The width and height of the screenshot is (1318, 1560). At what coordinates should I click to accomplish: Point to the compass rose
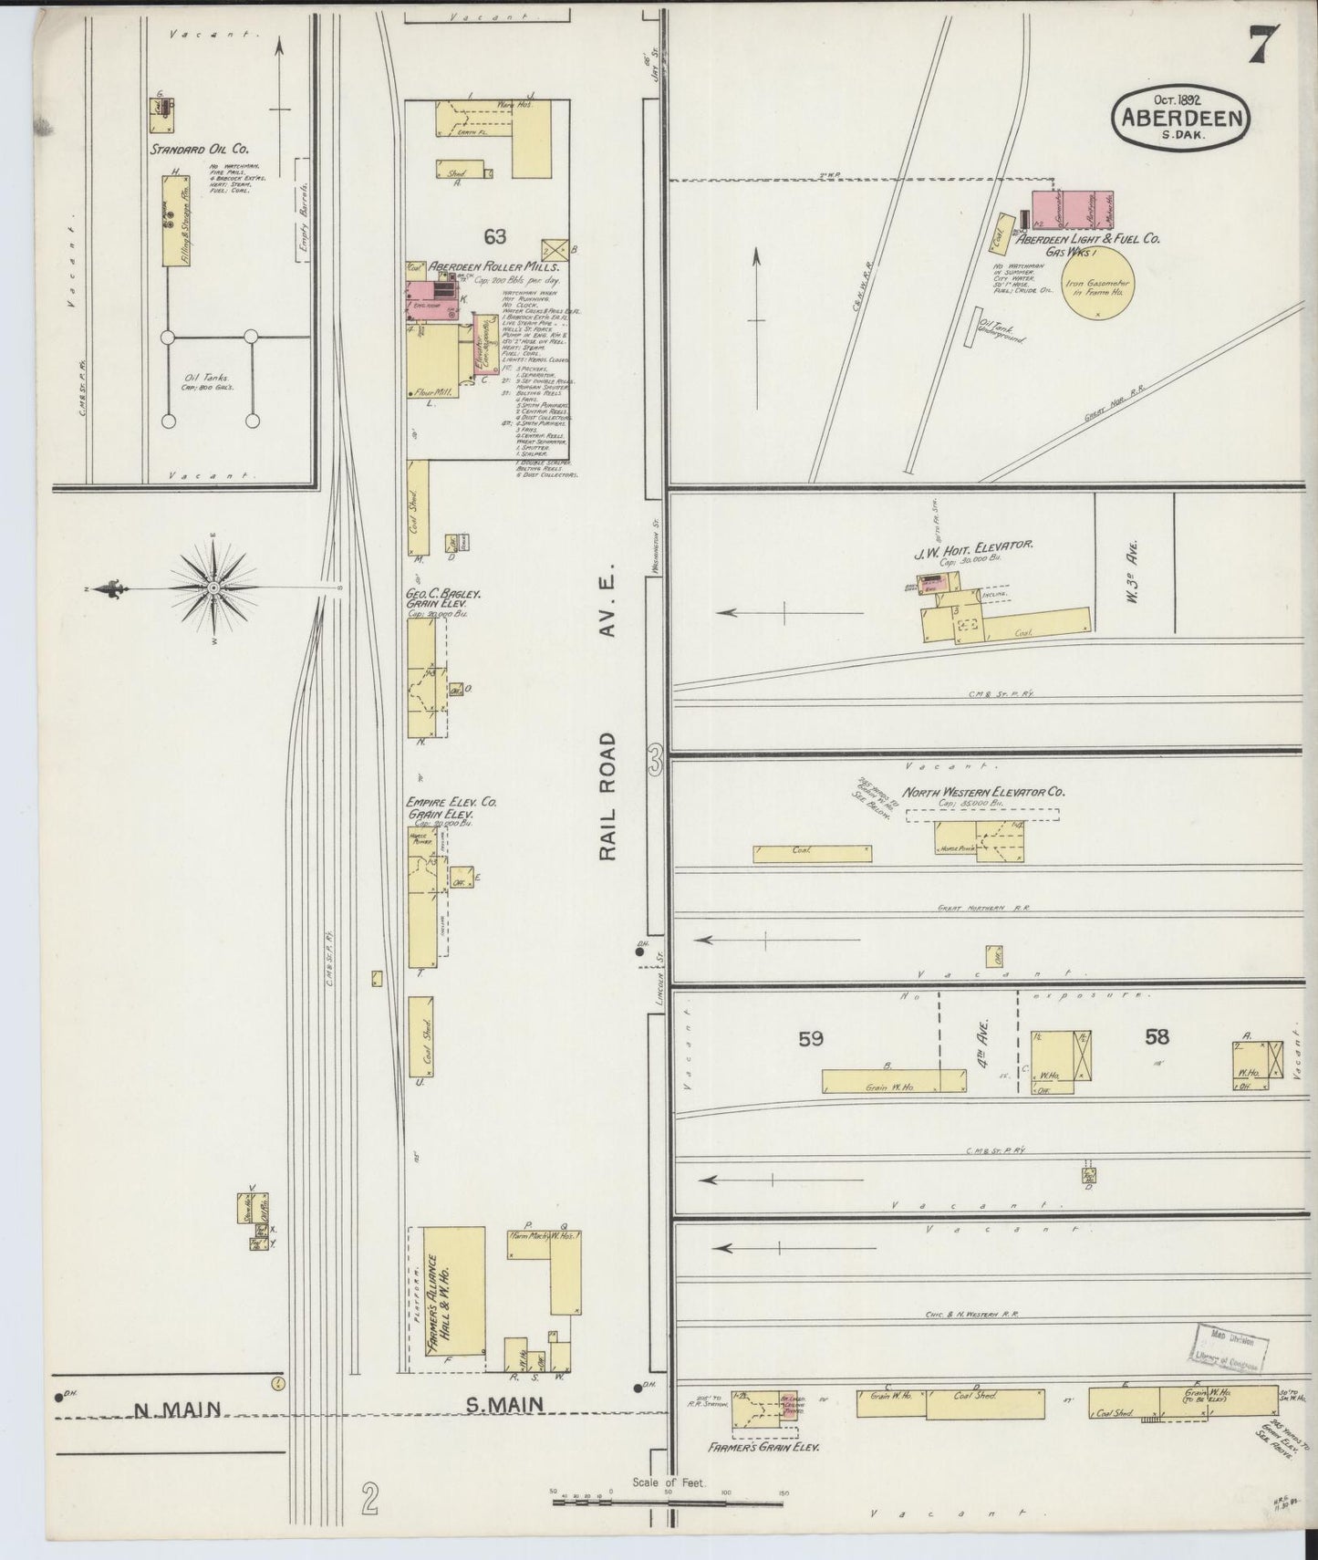[x=213, y=587]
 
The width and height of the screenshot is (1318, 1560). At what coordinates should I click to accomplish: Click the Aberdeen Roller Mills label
[x=494, y=267]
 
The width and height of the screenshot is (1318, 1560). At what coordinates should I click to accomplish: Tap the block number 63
[x=494, y=237]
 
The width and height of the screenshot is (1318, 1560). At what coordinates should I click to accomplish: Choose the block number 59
[x=811, y=1038]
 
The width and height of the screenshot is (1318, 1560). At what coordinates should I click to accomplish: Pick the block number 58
[x=1157, y=1036]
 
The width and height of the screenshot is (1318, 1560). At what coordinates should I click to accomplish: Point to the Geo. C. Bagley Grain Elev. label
[x=443, y=598]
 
